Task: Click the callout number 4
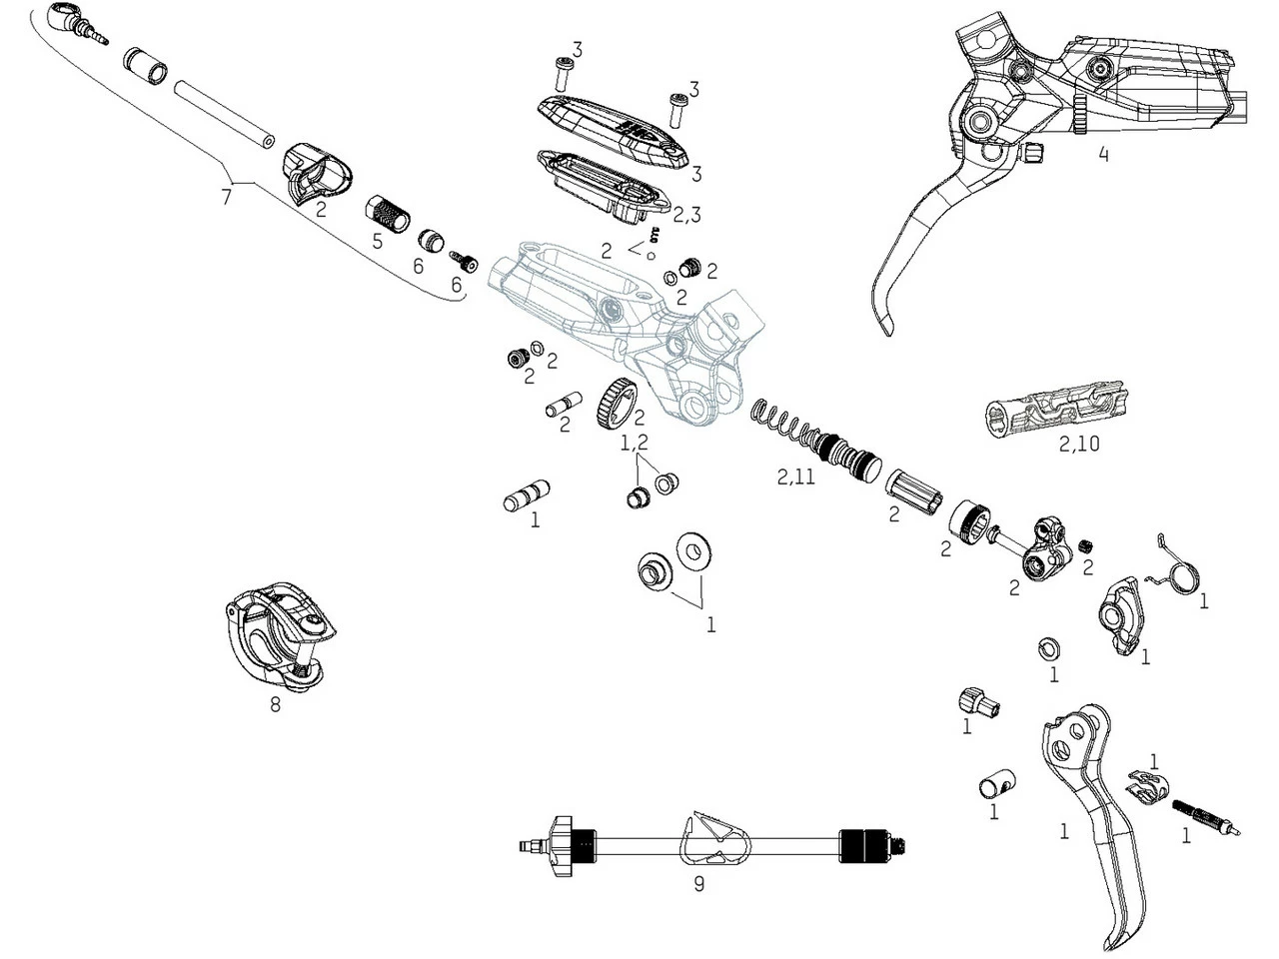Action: [x=1103, y=155]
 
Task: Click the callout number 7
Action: [x=226, y=197]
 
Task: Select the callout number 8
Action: [x=275, y=704]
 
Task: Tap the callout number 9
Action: [x=698, y=884]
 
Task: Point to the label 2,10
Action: [x=1079, y=444]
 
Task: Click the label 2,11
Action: [x=796, y=478]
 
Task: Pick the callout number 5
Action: [x=377, y=241]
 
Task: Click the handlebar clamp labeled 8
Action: [x=278, y=639]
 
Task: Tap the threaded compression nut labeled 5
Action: [x=390, y=213]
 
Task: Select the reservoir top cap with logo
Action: [x=613, y=128]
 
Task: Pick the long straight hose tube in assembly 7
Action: [x=224, y=114]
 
